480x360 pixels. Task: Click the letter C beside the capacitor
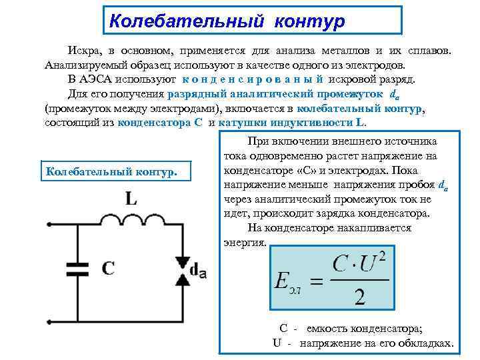click(107, 268)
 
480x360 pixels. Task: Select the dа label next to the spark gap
click(198, 269)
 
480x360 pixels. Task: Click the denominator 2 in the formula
click(360, 295)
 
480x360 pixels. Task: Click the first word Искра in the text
click(81, 51)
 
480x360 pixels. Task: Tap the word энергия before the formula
click(245, 243)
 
